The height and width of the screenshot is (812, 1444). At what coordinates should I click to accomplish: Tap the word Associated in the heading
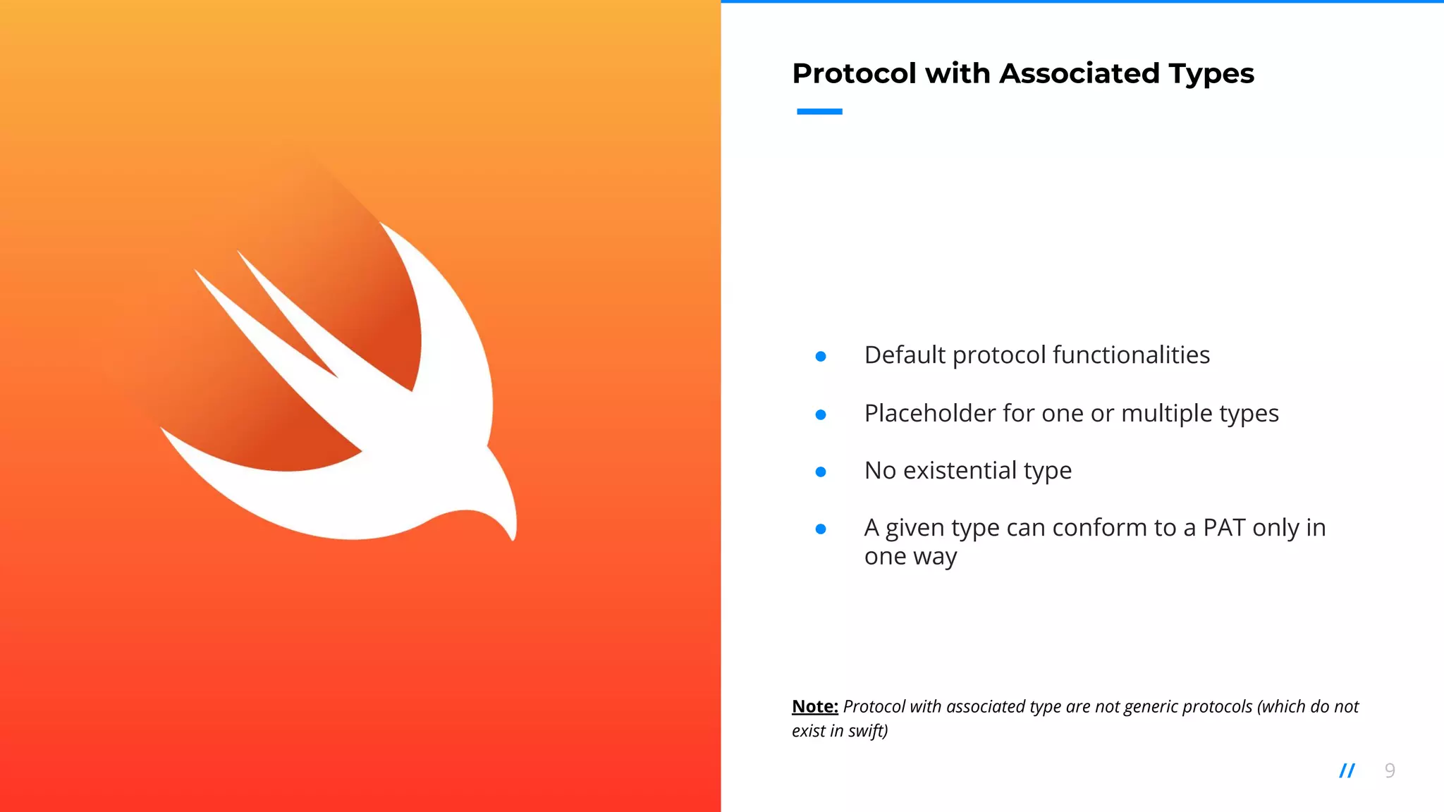(x=1079, y=73)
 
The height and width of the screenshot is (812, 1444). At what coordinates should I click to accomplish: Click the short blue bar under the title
(x=819, y=111)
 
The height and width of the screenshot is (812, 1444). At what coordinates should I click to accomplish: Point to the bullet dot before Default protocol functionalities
(x=821, y=357)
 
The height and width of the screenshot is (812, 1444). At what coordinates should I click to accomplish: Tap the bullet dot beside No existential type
(x=821, y=472)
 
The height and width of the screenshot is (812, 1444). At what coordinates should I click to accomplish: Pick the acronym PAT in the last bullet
(x=1224, y=528)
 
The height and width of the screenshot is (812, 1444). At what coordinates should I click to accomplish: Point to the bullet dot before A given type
(x=821, y=529)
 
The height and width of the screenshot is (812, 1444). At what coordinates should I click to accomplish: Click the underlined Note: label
(x=815, y=706)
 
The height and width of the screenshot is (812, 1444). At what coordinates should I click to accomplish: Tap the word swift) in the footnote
(x=868, y=731)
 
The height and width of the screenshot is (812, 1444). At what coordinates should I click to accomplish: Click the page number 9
(x=1390, y=770)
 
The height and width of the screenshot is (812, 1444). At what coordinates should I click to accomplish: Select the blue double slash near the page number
(x=1347, y=770)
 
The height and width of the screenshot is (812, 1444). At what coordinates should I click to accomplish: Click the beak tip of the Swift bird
(x=513, y=539)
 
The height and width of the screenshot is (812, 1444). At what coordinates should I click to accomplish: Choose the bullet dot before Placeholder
(x=821, y=415)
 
